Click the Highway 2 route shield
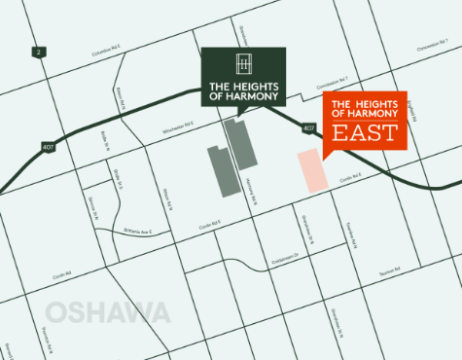pos(39,51)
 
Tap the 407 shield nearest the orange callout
pos(308,126)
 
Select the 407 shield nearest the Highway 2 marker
pos(48,148)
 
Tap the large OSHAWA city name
pos(108,313)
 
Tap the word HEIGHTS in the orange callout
pos(374,104)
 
